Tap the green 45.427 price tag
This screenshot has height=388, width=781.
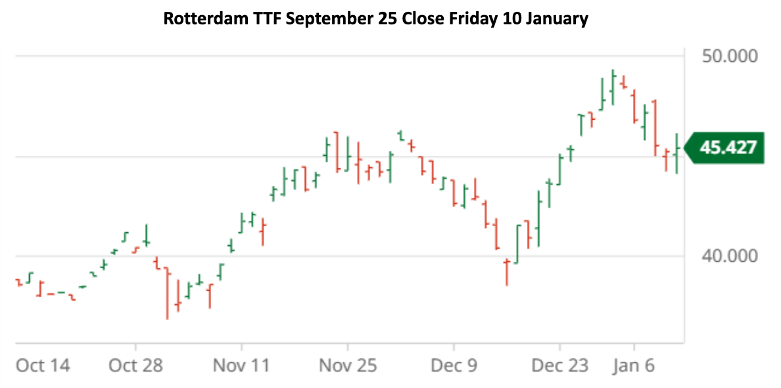[727, 147]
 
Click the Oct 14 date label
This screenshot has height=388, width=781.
[42, 366]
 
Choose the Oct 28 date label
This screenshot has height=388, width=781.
[135, 366]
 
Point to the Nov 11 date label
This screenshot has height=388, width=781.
[241, 366]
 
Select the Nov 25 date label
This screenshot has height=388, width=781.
[348, 366]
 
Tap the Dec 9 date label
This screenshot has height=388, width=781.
[454, 366]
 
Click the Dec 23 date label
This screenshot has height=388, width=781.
[559, 366]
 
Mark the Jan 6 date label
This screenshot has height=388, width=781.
[634, 366]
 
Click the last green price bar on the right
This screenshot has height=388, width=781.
[676, 153]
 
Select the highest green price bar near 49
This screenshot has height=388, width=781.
[613, 85]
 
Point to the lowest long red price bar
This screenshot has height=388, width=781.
[167, 293]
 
